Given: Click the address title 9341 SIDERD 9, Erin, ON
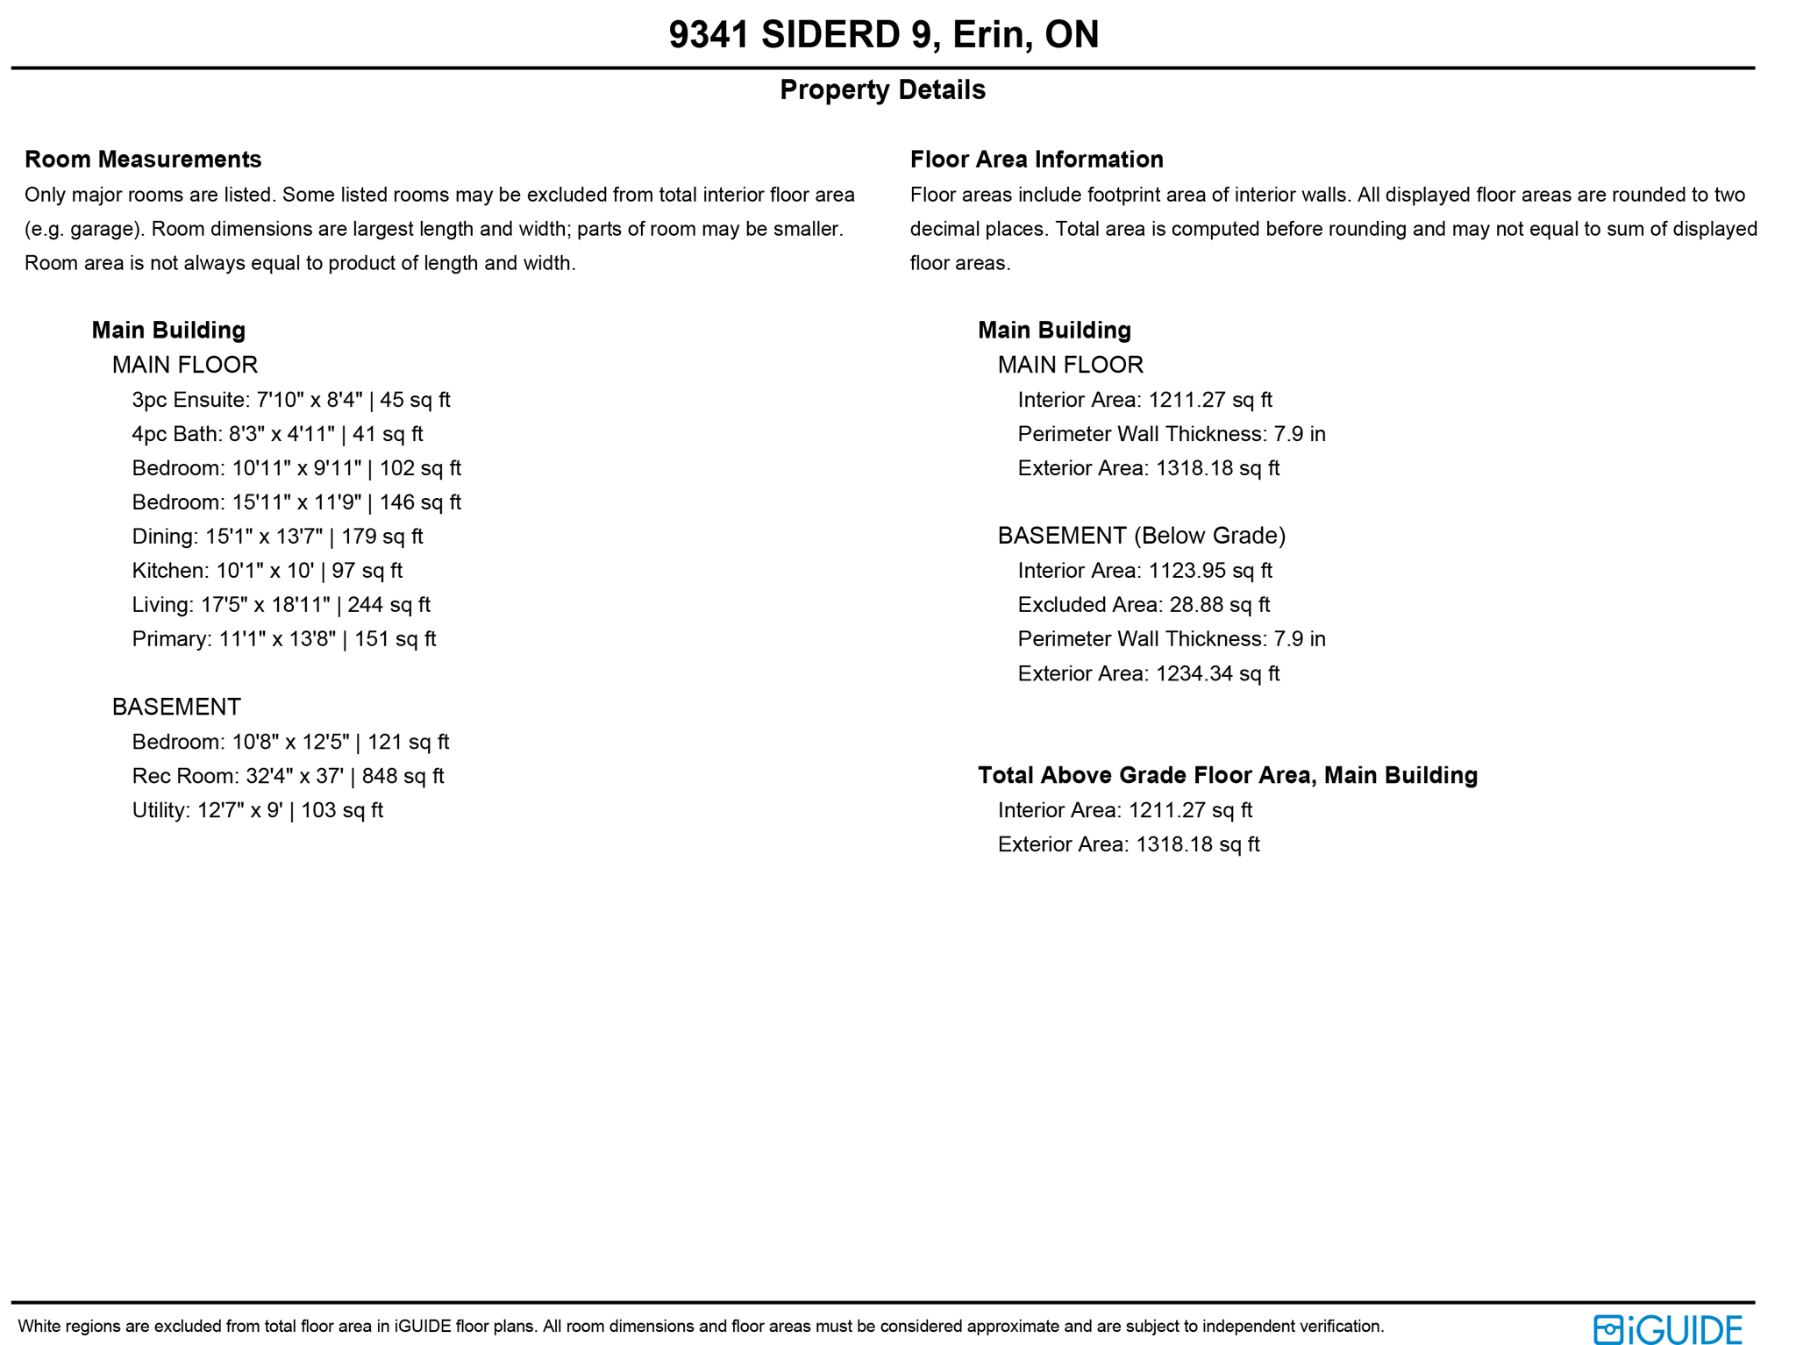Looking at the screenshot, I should click(x=882, y=35).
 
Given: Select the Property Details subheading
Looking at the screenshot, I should click(x=882, y=90).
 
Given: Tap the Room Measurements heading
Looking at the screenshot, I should click(x=143, y=160).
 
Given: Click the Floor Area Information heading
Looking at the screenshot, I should click(x=1037, y=160).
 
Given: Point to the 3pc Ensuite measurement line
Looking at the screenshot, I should click(x=290, y=401).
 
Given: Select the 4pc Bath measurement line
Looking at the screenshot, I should click(x=277, y=435).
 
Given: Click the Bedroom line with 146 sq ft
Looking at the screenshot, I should click(x=296, y=502).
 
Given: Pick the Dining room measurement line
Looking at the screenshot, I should click(x=277, y=537).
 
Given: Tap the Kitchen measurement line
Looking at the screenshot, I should click(x=267, y=571).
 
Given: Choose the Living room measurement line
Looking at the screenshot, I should click(x=281, y=605).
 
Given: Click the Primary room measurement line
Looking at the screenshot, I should click(x=283, y=639).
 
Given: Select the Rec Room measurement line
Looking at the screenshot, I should click(x=288, y=777).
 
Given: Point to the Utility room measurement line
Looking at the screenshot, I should click(x=257, y=811).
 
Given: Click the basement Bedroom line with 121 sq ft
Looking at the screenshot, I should click(x=290, y=743).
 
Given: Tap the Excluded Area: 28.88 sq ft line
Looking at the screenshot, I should click(x=1144, y=605).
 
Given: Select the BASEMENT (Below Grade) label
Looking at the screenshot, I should click(x=1141, y=536).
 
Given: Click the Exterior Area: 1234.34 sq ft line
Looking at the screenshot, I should click(x=1148, y=674).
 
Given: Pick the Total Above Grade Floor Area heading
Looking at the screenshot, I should click(x=1227, y=776).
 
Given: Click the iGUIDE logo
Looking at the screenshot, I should click(x=1666, y=1329).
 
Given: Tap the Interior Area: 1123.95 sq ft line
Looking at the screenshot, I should click(x=1144, y=571).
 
